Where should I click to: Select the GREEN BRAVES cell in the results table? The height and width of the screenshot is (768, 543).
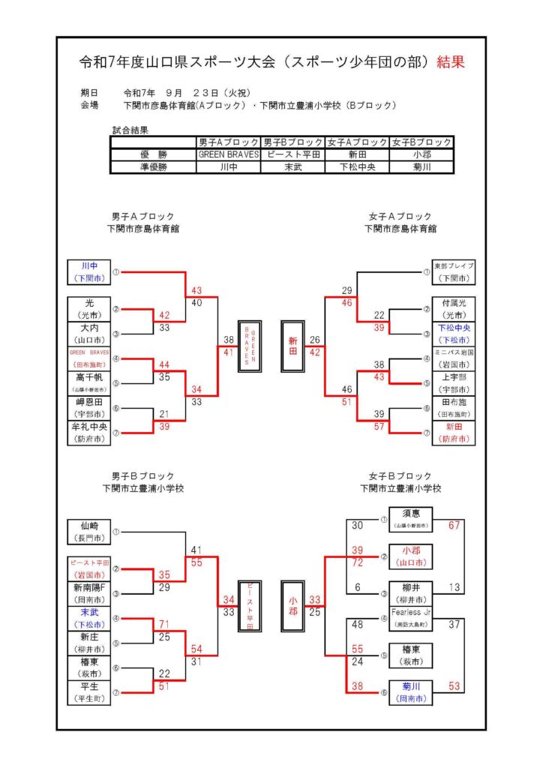[x=228, y=154]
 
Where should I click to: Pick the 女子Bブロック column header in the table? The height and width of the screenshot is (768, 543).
[x=421, y=142]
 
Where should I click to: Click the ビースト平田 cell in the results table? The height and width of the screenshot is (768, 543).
[x=293, y=154]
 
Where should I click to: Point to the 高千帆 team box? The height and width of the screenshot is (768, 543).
[x=89, y=382]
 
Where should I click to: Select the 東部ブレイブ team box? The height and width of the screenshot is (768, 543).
[x=453, y=271]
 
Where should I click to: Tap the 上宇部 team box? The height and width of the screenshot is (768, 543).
[x=453, y=382]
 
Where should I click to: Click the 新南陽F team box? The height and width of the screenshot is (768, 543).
[x=89, y=592]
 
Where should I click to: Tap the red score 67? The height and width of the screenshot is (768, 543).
[x=454, y=525]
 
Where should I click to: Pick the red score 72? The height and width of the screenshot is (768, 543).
[x=357, y=562]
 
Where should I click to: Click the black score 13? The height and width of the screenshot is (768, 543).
[x=454, y=587]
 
